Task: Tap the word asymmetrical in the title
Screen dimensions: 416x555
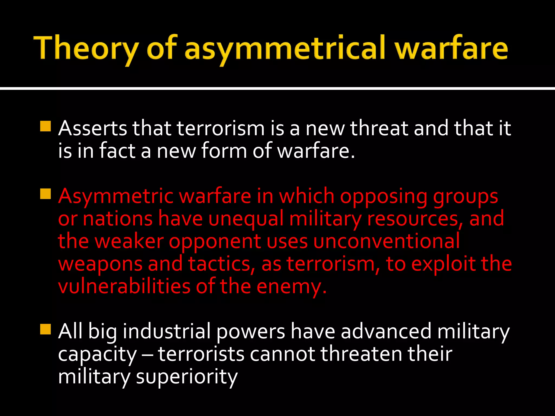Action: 285,49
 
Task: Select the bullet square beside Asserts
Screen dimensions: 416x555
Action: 45,126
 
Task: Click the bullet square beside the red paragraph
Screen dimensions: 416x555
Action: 45,194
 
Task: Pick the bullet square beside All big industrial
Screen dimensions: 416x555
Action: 45,329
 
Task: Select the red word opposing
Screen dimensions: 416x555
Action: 383,196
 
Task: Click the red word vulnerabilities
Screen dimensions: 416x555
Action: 124,287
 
